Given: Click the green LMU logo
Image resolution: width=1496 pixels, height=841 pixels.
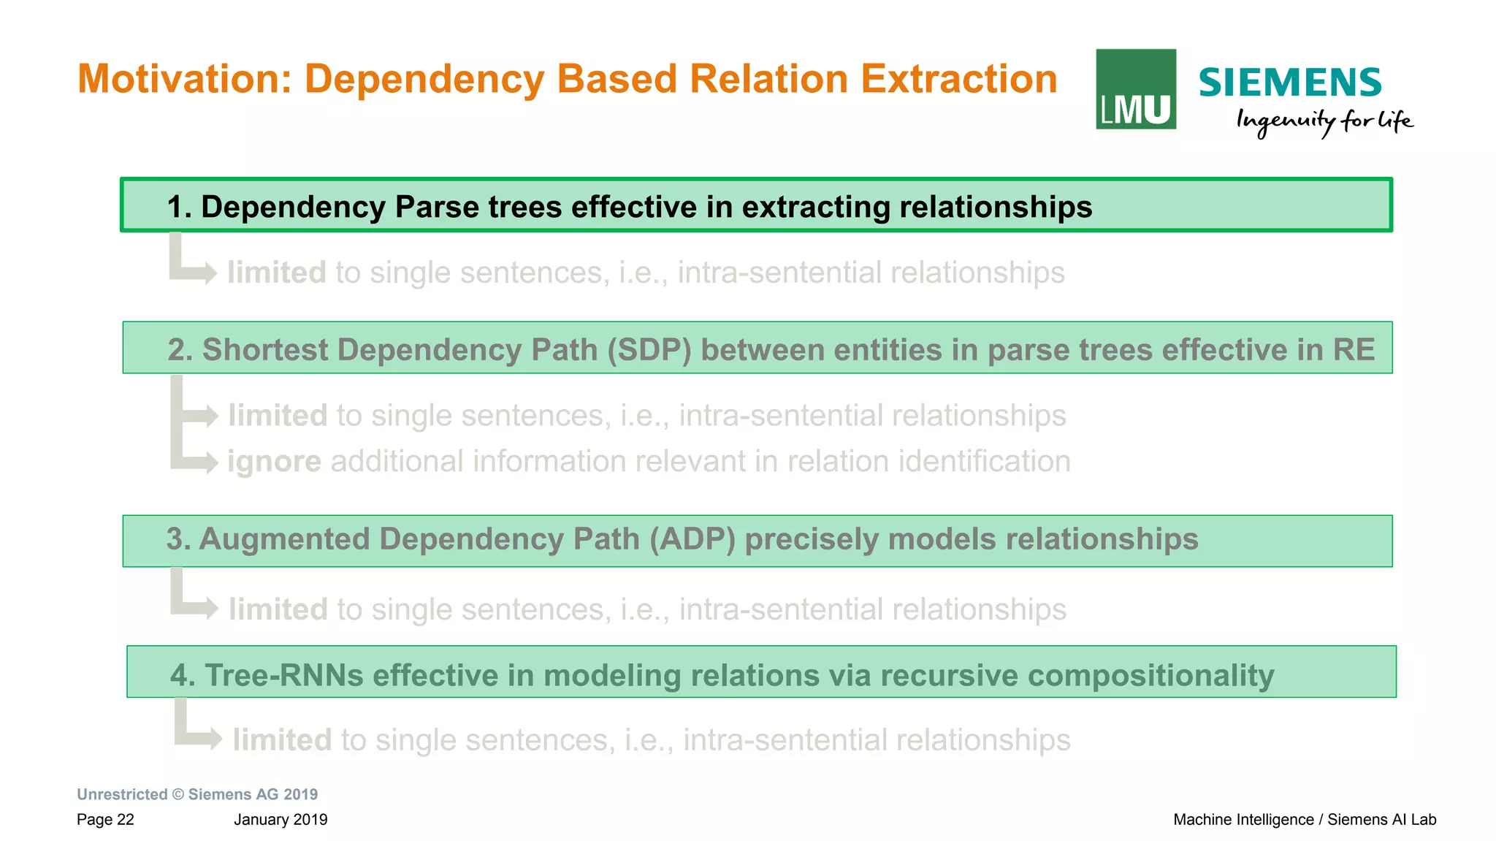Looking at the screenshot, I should point(1135,89).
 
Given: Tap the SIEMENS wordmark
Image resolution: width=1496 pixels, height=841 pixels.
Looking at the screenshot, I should point(1289,83).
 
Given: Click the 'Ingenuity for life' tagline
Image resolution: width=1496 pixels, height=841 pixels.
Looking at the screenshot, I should point(1324,121).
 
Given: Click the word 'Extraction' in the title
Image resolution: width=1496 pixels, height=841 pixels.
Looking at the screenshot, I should point(958,79).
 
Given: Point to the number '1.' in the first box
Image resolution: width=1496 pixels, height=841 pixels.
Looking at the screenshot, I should point(179,207).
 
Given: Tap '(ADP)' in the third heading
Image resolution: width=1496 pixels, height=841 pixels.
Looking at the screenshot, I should point(692,539).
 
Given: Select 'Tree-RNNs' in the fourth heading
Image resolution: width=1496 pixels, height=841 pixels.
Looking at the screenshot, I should point(283,675).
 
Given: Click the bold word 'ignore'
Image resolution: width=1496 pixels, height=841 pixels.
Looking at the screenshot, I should point(274,462).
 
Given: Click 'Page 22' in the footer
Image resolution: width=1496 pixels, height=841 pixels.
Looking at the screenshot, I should point(105,820).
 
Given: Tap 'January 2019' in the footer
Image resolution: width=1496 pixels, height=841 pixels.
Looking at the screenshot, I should point(280,820).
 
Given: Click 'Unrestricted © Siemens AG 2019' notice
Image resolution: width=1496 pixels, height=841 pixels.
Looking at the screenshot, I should point(197,794).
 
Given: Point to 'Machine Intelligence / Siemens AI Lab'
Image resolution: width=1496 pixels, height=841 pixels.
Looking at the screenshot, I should point(1304,820).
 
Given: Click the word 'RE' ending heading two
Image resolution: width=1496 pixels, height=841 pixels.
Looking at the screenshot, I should point(1354,349).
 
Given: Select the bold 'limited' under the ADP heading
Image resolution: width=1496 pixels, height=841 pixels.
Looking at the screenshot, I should point(278,609).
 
